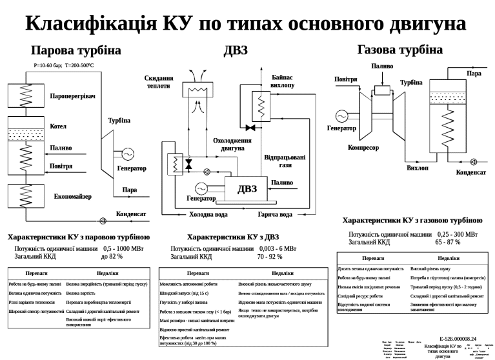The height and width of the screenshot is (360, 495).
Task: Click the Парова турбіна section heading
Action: pos(76,50)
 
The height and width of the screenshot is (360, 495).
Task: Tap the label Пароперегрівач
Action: pos(72,96)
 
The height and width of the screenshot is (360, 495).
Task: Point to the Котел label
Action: pos(58,126)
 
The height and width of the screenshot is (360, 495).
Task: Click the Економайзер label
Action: pos(72,196)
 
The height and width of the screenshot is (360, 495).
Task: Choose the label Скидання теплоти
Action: pos(159,82)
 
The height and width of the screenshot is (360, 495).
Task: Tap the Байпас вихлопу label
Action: pos(283,81)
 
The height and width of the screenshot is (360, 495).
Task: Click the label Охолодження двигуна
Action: pos(232,144)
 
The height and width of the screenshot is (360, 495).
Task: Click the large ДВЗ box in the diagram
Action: pos(247,188)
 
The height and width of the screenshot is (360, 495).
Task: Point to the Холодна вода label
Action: pos(208,214)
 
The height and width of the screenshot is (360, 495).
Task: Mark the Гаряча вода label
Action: pos(276,214)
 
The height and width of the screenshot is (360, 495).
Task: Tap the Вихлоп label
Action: pos(417,168)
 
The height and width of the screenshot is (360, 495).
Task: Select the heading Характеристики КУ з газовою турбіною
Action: pos(412,221)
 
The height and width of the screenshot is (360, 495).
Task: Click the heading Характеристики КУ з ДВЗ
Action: pos(232,237)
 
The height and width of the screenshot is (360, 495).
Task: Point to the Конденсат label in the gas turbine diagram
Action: pos(471,172)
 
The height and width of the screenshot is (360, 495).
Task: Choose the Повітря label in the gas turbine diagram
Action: pos(345,79)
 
